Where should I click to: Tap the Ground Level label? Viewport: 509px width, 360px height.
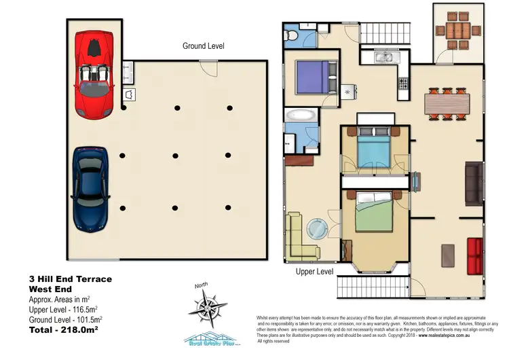tap(203, 46)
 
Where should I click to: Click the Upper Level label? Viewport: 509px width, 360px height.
tap(314, 272)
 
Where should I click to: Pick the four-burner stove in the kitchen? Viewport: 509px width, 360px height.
tap(404, 84)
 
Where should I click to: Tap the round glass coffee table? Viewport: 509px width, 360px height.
tap(317, 229)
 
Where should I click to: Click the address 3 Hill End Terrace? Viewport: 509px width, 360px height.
tap(71, 279)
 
